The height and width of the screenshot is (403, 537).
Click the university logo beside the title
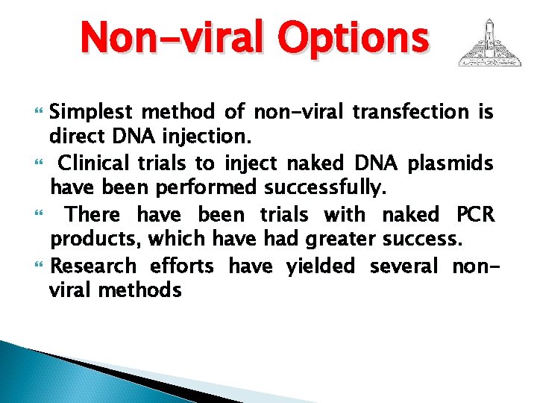pyautogui.click(x=489, y=43)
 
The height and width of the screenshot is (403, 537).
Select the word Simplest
pyautogui.click(x=91, y=113)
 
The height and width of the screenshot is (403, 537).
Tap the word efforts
pyautogui.click(x=181, y=266)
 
